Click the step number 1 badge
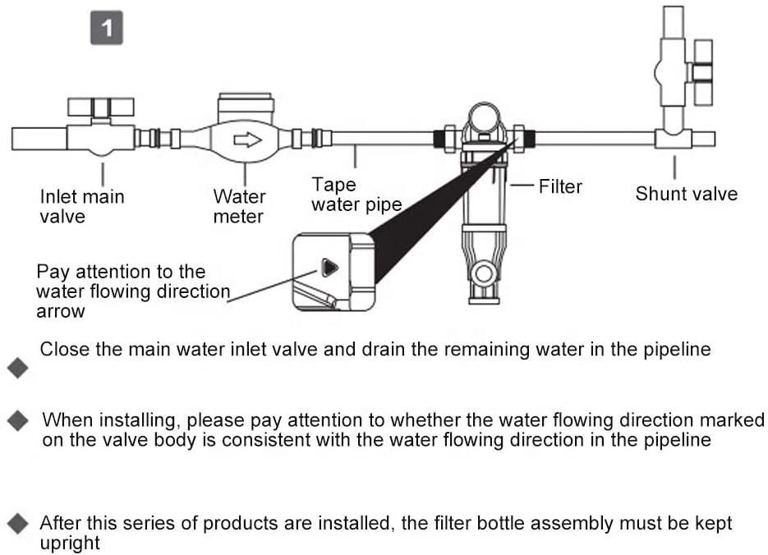tap(107, 30)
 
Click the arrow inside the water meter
tap(246, 139)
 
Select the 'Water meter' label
tap(239, 207)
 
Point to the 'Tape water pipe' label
tap(356, 195)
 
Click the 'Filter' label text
tap(560, 186)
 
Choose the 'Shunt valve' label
tap(687, 194)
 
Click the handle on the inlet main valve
tap(99, 107)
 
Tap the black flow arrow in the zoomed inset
tap(329, 268)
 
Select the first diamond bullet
tap(18, 368)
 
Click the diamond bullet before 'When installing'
tap(18, 421)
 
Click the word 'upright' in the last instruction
tap(70, 543)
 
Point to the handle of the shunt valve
tap(703, 72)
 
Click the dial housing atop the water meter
tap(246, 108)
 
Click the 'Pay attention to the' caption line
tap(121, 272)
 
